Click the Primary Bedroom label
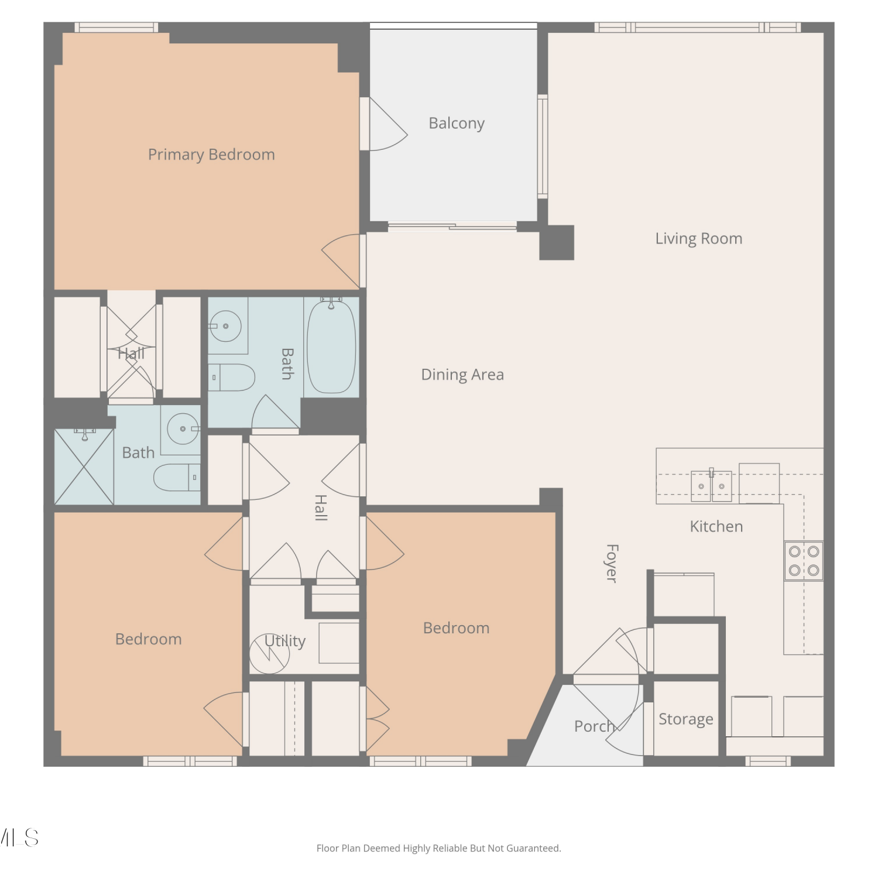(211, 155)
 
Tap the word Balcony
(457, 124)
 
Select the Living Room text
(699, 239)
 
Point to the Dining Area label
(462, 375)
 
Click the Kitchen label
(716, 526)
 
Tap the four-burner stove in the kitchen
(804, 561)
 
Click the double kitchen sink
(711, 486)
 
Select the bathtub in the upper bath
(331, 346)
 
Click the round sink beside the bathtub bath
(226, 326)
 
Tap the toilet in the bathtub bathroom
(232, 378)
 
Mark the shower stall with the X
(84, 467)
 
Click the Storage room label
(686, 719)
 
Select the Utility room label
(285, 641)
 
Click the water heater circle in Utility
(270, 654)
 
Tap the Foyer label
(612, 564)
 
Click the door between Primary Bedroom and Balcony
(384, 124)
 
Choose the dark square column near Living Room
(557, 243)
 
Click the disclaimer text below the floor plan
(439, 848)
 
